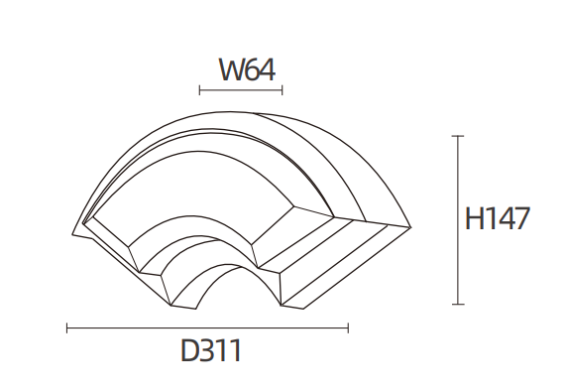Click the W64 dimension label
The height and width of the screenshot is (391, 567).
[248, 69]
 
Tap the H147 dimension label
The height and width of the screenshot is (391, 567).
[498, 218]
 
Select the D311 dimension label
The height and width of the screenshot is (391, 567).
[211, 350]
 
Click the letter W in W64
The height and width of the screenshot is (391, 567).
[232, 69]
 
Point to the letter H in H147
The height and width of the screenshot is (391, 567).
[474, 218]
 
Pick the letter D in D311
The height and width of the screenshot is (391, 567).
[189, 350]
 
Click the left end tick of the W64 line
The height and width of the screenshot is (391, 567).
[199, 90]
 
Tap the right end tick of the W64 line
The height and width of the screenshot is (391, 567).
[283, 90]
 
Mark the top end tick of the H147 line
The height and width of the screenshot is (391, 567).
[458, 136]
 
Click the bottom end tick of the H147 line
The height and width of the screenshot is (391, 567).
[458, 304]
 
